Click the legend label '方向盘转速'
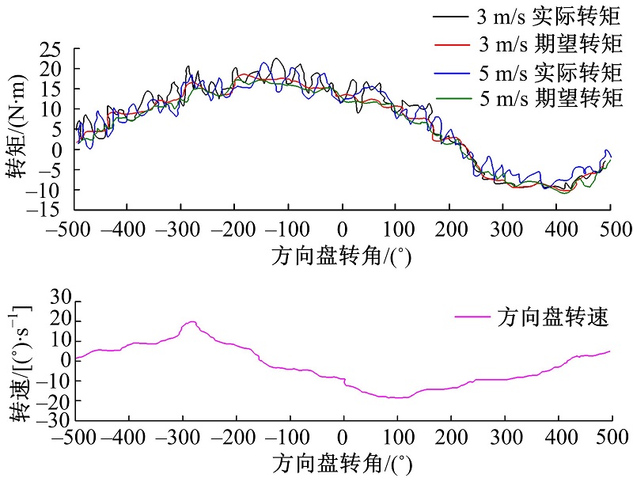pos(553,318)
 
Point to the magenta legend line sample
pos(474,318)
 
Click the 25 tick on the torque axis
pos(51,50)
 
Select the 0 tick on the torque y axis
pos(57,150)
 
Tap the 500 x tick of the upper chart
pos(611,230)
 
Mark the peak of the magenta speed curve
pos(191,322)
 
